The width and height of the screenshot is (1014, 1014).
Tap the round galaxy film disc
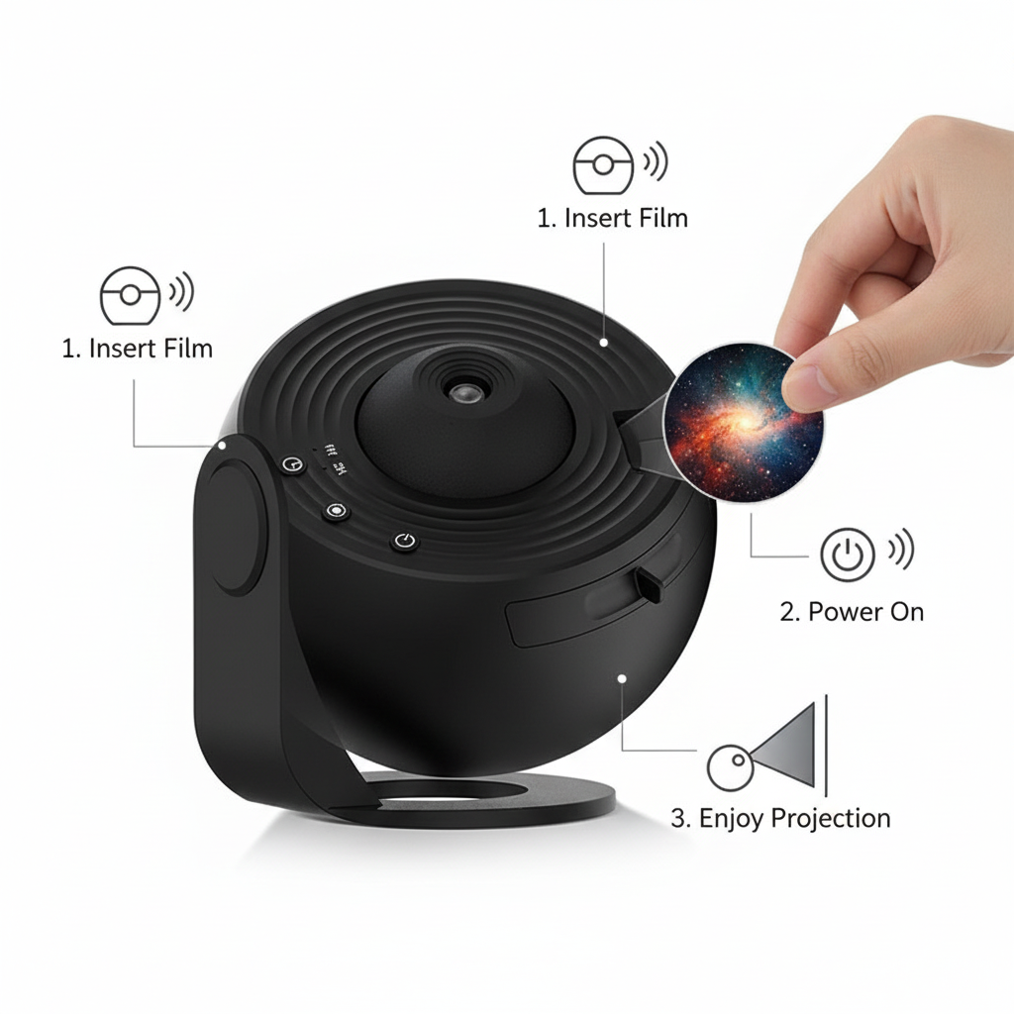click(x=743, y=422)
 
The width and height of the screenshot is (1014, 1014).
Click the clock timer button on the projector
click(x=293, y=463)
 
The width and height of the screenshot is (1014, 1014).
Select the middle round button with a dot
click(x=336, y=511)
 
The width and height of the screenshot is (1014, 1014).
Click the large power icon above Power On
click(x=848, y=555)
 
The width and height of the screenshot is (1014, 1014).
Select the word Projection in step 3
click(x=831, y=819)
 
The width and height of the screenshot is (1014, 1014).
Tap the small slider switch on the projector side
click(x=649, y=585)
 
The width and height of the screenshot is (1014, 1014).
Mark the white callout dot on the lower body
click(x=622, y=678)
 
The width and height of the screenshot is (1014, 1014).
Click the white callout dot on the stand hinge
click(x=222, y=446)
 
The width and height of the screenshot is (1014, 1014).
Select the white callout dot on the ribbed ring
click(x=603, y=343)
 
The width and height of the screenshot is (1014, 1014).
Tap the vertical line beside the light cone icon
click(x=827, y=746)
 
